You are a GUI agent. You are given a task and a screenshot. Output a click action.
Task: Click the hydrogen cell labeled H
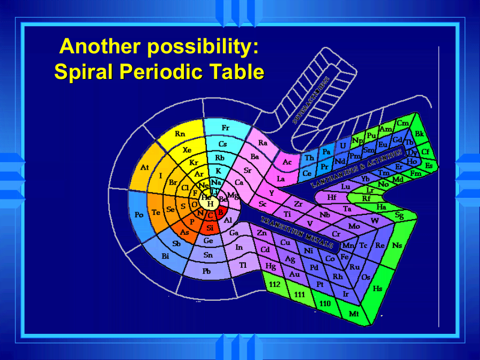coord(210,204)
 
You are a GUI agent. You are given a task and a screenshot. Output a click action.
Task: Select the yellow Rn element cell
coord(180,134)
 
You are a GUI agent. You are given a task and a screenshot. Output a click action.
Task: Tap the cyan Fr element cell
coord(226,129)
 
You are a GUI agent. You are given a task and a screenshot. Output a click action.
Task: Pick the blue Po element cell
coord(139,214)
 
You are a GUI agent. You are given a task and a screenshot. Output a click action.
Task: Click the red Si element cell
coord(210,228)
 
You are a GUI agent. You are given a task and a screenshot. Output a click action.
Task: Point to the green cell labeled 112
coord(275,285)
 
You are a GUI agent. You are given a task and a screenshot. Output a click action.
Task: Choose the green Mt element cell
coord(354,314)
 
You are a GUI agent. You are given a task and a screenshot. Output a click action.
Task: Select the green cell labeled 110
coord(325,303)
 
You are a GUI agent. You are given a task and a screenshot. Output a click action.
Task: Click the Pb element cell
coord(206,271)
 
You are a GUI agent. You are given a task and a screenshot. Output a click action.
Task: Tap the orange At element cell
coord(145,168)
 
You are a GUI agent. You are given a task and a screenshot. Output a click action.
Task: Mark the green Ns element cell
coord(397,245)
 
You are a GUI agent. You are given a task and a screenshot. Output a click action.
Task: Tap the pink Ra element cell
coord(263,143)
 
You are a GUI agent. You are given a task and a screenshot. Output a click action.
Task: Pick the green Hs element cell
coord(378,289)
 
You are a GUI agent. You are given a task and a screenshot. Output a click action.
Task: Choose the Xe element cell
coord(187,150)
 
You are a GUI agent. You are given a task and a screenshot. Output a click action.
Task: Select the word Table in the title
coord(235,71)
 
